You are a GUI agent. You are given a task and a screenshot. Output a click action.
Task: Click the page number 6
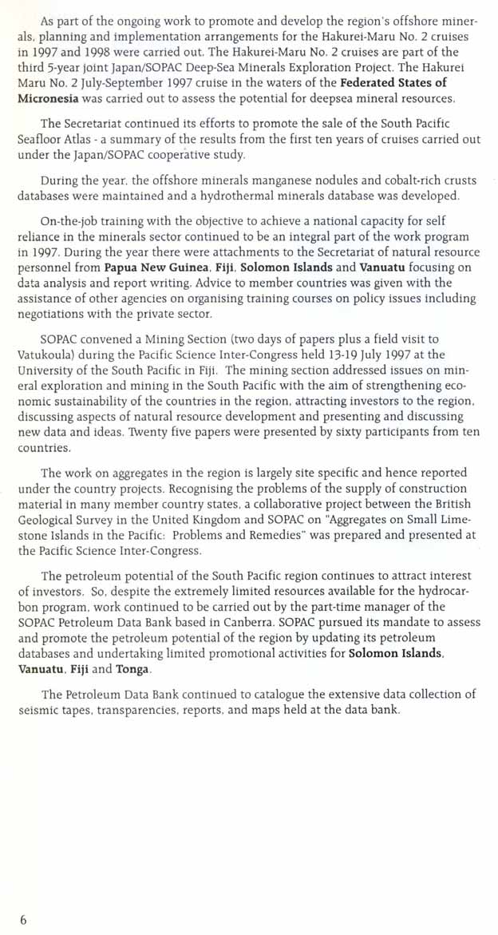tap(23, 920)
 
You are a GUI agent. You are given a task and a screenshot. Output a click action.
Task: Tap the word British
tap(451, 504)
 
